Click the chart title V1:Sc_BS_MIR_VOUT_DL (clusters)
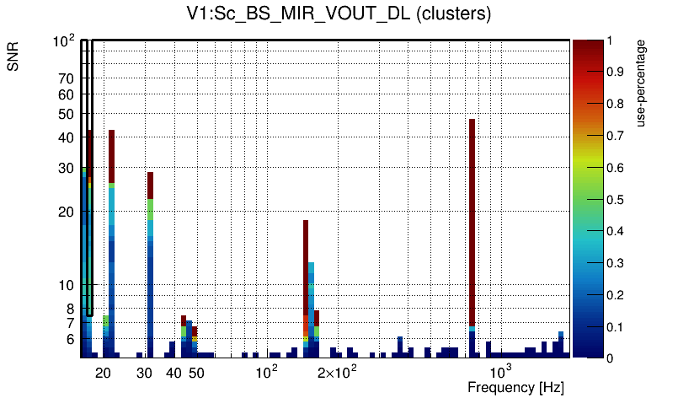[x=339, y=14]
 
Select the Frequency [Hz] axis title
[x=515, y=387]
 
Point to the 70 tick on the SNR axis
[x=67, y=78]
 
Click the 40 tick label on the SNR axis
[x=67, y=137]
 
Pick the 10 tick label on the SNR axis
[x=67, y=285]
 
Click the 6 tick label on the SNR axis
[x=70, y=339]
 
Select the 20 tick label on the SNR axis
[x=67, y=212]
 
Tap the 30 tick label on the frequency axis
[x=145, y=373]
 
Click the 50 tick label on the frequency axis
[x=195, y=373]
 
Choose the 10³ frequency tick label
[x=501, y=372]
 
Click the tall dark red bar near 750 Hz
[x=472, y=219]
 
